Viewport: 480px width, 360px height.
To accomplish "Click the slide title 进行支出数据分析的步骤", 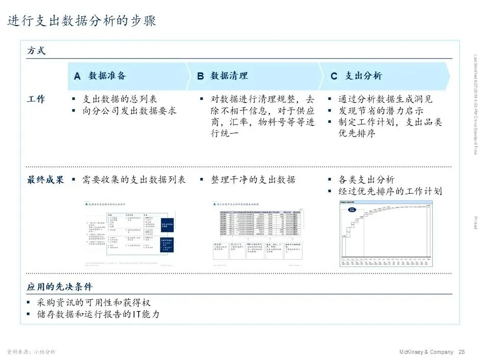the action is click(x=82, y=21).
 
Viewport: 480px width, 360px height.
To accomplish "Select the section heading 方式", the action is click(x=36, y=51).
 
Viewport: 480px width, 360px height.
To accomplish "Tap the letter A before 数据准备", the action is click(x=77, y=76).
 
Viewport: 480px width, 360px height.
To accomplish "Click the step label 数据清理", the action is click(x=229, y=76).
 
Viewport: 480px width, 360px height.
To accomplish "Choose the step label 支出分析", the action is click(x=363, y=76).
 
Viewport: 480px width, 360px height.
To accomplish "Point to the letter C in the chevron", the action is click(x=334, y=76).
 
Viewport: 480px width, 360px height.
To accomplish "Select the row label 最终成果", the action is click(x=45, y=180).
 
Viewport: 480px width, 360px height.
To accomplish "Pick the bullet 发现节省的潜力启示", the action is click(x=381, y=111).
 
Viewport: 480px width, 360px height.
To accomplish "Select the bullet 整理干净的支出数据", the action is click(x=253, y=180).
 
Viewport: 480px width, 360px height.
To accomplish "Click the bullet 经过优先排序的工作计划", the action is click(x=390, y=192).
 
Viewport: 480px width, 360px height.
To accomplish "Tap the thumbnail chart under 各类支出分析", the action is click(x=385, y=234).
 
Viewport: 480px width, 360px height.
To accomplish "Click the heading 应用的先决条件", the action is click(x=60, y=287).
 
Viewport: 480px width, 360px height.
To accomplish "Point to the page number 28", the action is click(x=462, y=352).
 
